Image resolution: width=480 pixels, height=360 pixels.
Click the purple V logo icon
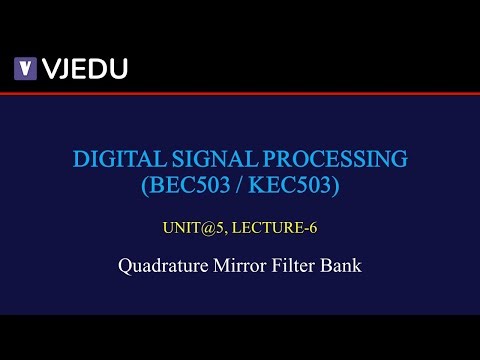(25, 69)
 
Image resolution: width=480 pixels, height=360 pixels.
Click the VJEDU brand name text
(84, 69)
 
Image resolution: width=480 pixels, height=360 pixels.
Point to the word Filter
(299, 267)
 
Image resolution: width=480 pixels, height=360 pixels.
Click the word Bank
(344, 267)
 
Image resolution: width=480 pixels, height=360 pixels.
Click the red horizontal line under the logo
(240, 94)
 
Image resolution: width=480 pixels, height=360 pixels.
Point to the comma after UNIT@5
(223, 231)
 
